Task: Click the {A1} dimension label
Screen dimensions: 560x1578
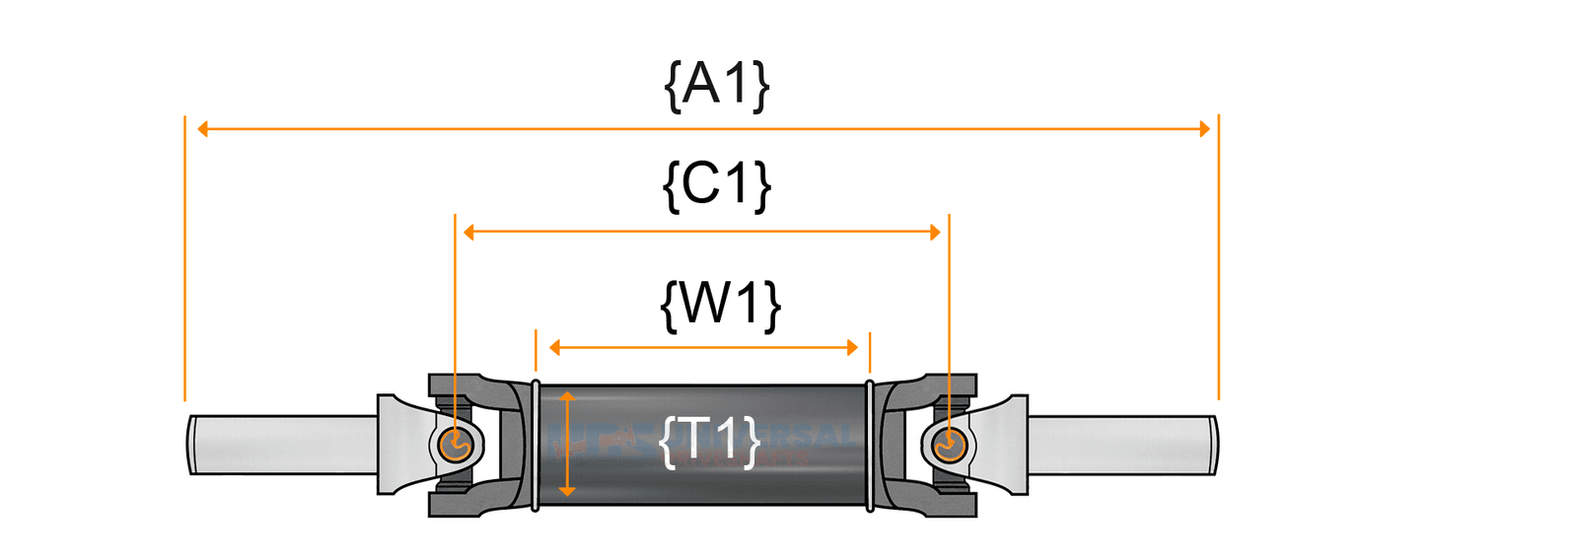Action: coord(717,85)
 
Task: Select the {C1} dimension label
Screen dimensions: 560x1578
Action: coord(717,184)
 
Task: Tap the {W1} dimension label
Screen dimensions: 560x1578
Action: coord(720,304)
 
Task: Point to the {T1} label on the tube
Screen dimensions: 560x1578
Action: coord(710,440)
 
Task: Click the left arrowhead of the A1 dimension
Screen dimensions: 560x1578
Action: coord(203,129)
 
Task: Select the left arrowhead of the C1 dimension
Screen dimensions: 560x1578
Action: coord(469,233)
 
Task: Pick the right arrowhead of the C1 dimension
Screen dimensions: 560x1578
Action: coord(934,233)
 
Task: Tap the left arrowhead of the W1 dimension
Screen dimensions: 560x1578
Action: coord(555,347)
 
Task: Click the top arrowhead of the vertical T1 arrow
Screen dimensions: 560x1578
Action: coord(567,396)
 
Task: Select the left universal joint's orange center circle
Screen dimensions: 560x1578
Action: coord(455,445)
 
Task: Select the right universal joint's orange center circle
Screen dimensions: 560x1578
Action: coord(949,445)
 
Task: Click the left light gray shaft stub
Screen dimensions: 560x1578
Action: coord(282,445)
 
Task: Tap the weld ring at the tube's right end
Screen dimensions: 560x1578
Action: coord(869,445)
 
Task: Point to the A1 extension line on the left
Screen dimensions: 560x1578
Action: coord(184,256)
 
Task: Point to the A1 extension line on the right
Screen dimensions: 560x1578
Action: coord(1219,256)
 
